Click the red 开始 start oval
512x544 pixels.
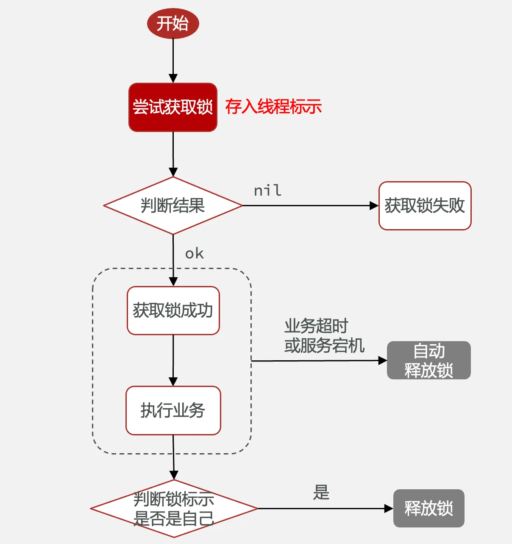[x=173, y=23]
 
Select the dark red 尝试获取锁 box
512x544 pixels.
[x=173, y=107]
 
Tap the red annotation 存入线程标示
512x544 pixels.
[x=273, y=107]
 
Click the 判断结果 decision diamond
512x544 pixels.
[x=173, y=206]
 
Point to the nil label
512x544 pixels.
[x=267, y=191]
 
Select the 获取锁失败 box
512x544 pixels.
[x=425, y=206]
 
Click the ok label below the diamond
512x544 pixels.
[x=195, y=254]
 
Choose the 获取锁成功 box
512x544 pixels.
[x=173, y=311]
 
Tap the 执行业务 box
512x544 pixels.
[x=173, y=410]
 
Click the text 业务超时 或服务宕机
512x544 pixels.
[x=324, y=336]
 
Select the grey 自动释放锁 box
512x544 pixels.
[x=429, y=360]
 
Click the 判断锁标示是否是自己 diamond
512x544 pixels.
[x=174, y=508]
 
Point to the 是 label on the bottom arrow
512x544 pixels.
[x=321, y=492]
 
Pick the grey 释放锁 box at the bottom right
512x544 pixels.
[x=429, y=508]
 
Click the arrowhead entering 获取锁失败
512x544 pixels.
[x=374, y=206]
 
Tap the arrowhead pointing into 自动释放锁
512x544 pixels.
[x=382, y=361]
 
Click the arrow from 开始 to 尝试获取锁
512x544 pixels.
[x=173, y=59]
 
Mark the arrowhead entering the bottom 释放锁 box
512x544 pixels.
[x=388, y=508]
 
